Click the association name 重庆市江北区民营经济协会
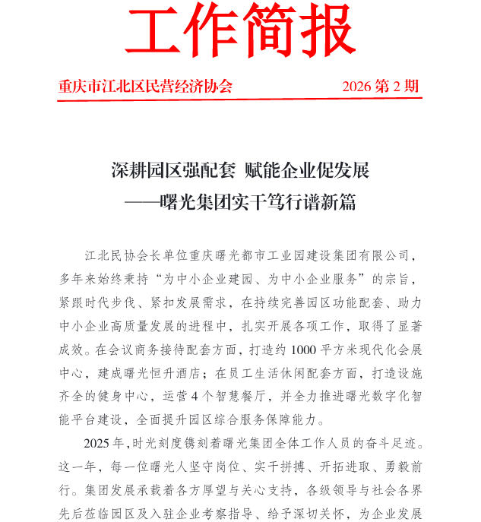(x=146, y=86)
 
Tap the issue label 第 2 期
(x=397, y=86)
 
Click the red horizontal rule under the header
(x=239, y=98)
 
